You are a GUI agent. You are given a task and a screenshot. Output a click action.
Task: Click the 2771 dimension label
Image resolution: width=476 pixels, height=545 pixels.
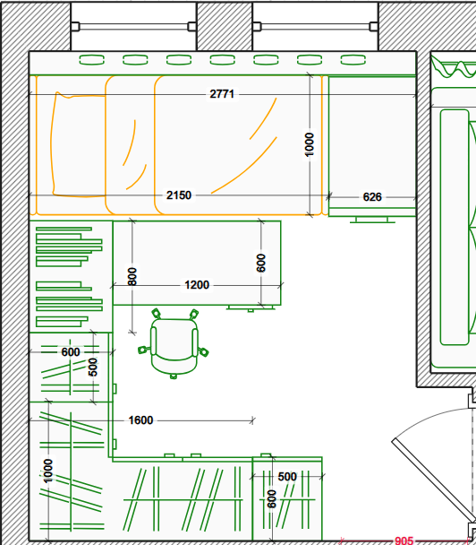222,94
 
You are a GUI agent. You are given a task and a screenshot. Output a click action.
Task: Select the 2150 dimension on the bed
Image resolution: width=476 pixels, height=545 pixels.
179,195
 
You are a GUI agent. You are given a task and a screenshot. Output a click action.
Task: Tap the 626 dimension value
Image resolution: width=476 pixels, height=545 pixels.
372,197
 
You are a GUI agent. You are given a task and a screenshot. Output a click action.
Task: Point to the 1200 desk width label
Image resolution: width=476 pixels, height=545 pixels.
197,285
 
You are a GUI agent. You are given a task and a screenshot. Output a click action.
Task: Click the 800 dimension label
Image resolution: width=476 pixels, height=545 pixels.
132,277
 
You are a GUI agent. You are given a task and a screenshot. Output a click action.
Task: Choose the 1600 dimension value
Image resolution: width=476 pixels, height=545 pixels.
140,420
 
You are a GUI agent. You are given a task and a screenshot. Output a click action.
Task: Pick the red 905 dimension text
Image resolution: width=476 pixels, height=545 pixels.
404,541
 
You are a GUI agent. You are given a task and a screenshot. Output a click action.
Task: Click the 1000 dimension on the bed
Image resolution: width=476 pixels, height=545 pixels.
309,144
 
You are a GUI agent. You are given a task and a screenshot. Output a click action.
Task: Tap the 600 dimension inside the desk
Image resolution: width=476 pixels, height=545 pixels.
261,264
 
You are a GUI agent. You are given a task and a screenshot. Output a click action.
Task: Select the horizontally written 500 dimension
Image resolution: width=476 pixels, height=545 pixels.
287,477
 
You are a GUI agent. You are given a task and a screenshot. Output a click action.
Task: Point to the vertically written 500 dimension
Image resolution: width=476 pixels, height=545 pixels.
93,368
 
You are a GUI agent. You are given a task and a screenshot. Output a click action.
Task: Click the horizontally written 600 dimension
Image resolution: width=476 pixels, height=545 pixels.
71,352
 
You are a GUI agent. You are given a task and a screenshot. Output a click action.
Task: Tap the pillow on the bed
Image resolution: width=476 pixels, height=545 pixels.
79,144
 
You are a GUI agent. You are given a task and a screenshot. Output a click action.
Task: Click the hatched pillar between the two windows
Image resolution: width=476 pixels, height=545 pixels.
225,26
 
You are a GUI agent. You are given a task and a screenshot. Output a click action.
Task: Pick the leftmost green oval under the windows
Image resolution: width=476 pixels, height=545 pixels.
91,60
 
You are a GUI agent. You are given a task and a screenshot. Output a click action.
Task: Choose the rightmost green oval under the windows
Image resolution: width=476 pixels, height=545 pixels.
353,60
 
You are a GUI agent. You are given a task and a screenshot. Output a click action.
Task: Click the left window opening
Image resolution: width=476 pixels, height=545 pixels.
133,26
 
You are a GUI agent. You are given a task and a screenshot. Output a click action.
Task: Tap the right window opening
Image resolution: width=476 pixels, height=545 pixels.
315,26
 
